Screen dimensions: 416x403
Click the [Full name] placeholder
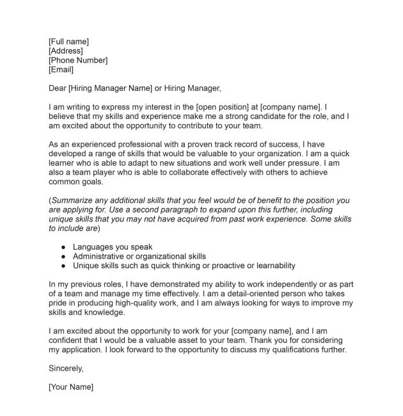(68, 42)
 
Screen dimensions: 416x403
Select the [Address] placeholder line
(65, 51)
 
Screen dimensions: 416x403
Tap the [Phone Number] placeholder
(78, 60)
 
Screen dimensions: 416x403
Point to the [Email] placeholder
(61, 70)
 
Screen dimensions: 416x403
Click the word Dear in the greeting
(58, 88)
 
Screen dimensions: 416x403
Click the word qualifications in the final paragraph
(292, 350)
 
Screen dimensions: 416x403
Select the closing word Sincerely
(66, 369)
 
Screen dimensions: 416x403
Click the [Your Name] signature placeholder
(71, 388)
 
